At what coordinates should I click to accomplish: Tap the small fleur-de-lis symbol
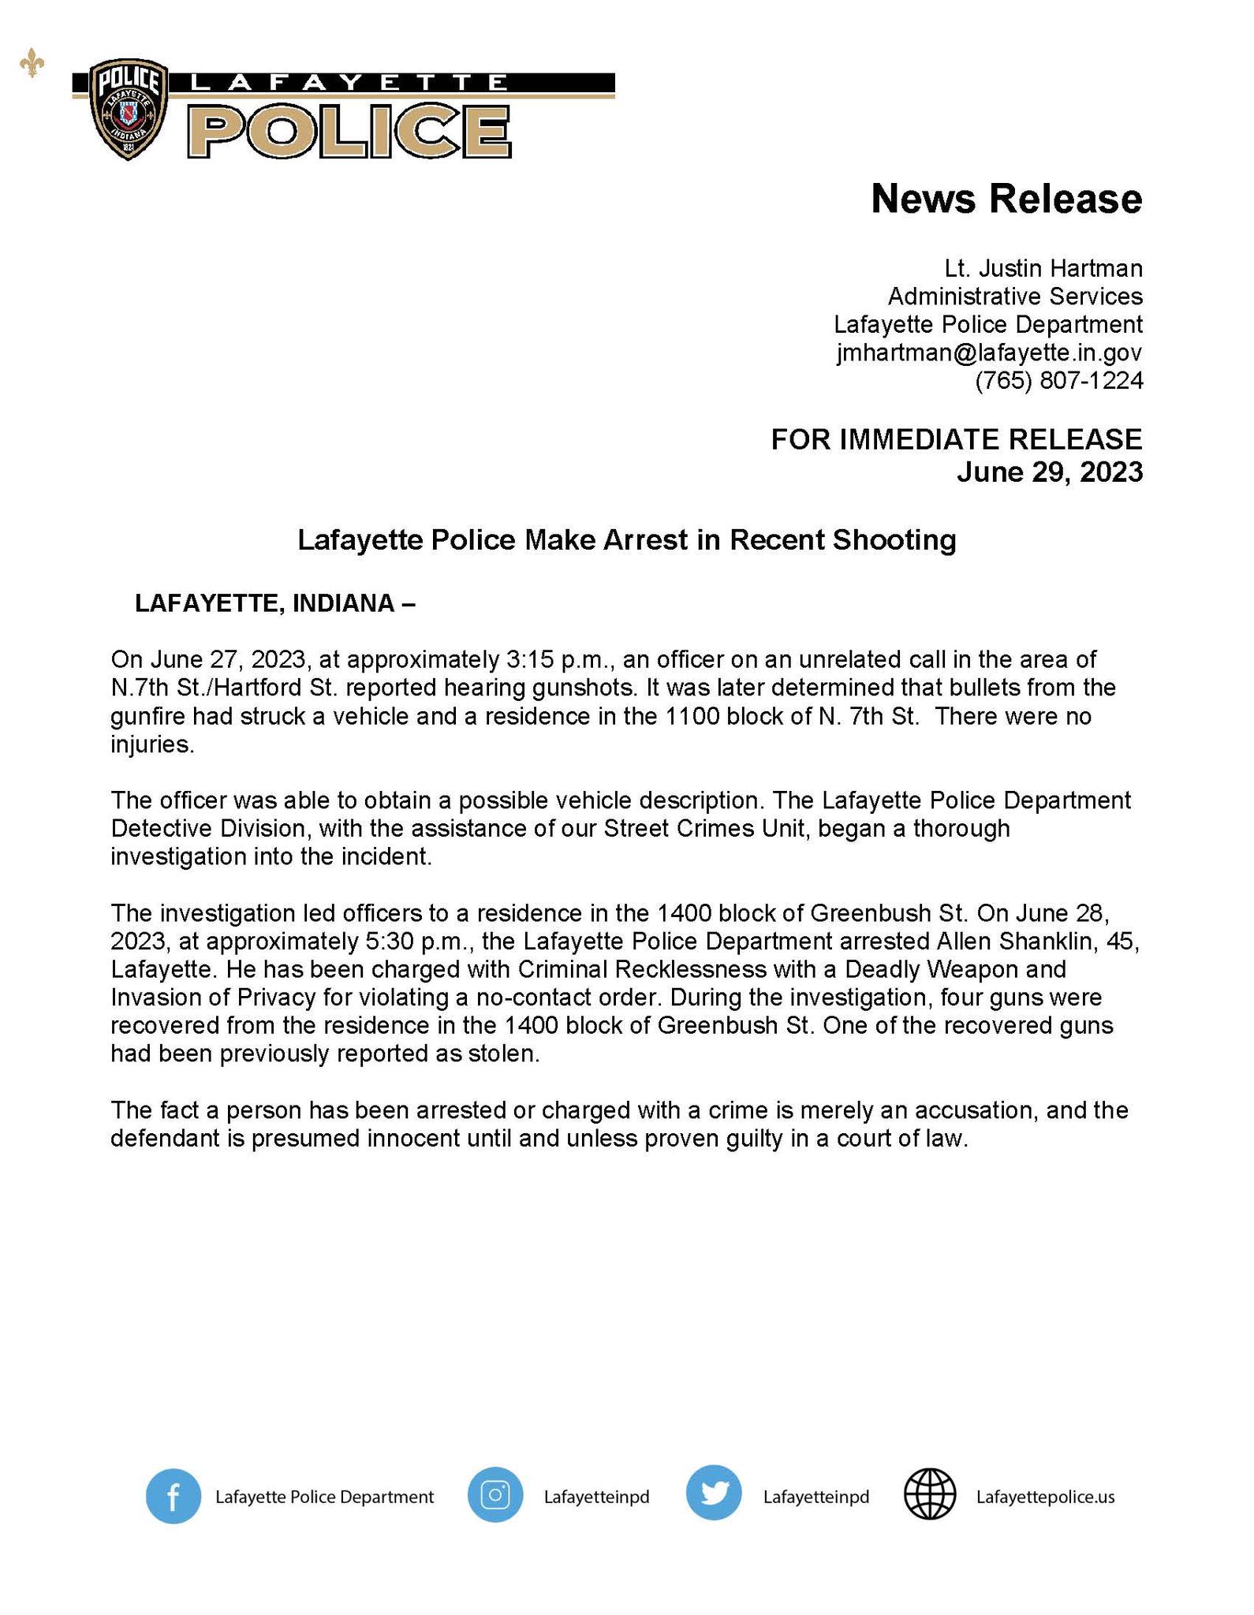[32, 65]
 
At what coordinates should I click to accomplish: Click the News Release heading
[1006, 198]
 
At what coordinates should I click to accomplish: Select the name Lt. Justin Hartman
[1043, 269]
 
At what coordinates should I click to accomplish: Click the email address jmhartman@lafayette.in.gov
[989, 352]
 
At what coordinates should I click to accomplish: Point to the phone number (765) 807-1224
[1058, 381]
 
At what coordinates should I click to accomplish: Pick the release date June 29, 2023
[1049, 472]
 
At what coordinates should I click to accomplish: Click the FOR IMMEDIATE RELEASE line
[956, 439]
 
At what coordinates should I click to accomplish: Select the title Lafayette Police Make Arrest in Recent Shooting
[626, 540]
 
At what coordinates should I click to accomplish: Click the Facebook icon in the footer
[173, 1496]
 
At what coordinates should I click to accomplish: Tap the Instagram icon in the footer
[495, 1495]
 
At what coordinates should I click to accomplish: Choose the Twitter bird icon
[713, 1495]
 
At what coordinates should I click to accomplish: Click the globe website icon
[930, 1495]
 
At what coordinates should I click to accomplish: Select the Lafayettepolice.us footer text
[1045, 1497]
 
